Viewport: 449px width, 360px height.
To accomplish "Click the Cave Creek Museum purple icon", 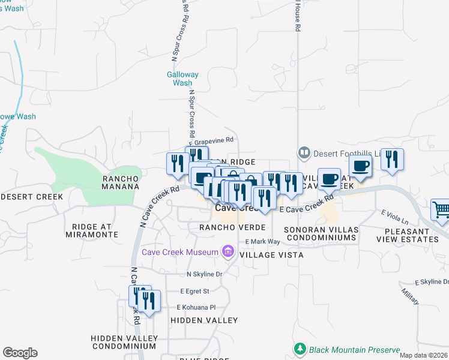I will [x=228, y=251].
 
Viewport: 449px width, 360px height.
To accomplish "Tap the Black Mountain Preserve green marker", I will [x=299, y=349].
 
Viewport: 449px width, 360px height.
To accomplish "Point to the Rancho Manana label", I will [x=121, y=182].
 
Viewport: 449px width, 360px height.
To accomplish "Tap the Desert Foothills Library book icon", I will [x=304, y=154].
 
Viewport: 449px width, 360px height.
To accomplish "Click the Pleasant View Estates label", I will [x=408, y=235].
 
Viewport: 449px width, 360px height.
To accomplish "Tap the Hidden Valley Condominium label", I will [x=124, y=342].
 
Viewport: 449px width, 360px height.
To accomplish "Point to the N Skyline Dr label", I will [x=205, y=274].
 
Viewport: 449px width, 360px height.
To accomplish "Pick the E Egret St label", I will [x=194, y=291].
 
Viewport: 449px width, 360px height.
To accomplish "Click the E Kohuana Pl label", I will [x=196, y=307].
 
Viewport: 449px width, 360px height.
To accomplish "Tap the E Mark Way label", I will [x=263, y=242].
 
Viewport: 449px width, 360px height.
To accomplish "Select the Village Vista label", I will [x=271, y=255].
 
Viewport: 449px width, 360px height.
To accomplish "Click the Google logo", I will [x=20, y=353].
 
